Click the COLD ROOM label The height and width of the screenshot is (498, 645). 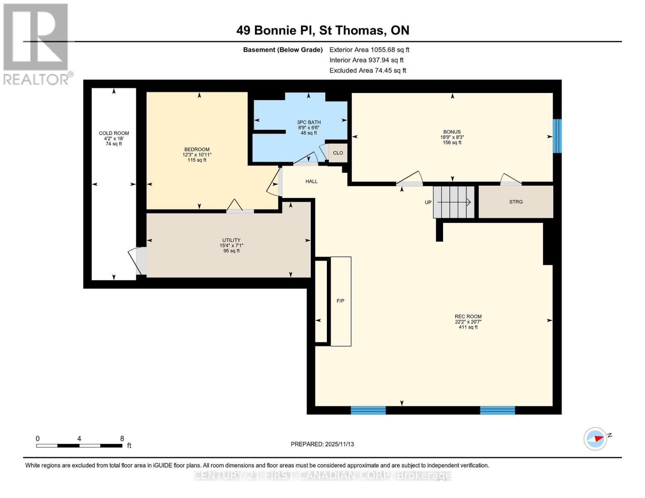coord(114,133)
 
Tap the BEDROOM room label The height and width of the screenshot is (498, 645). coord(197,149)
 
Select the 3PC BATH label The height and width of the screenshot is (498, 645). coord(309,122)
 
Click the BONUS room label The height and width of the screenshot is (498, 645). coord(452,132)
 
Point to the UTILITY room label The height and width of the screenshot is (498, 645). coord(231,240)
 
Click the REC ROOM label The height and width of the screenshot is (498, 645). coord(468,316)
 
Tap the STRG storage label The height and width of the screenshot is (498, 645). coord(516,202)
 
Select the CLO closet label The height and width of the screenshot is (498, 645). coord(338,153)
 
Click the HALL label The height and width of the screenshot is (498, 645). coord(311,181)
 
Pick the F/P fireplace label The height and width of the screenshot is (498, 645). coord(341,301)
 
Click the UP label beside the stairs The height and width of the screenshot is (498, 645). coord(428,203)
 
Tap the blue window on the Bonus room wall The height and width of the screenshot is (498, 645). coord(557,136)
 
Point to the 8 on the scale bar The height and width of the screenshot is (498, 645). coord(122,439)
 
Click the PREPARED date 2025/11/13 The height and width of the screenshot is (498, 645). coord(322,444)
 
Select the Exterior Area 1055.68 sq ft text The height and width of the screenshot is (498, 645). coord(369,50)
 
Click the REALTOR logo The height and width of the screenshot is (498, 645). coord(37,44)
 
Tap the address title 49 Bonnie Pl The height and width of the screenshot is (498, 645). coord(323,30)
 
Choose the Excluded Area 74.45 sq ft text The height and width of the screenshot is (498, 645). coord(368,71)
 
